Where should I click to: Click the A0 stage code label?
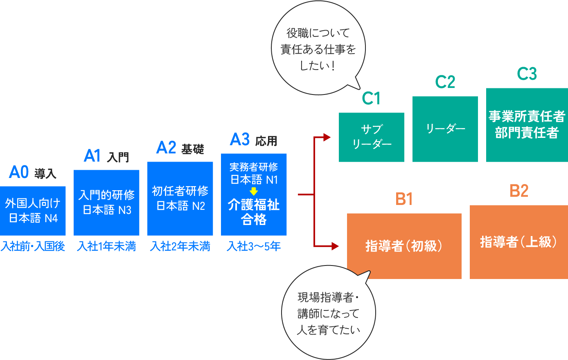(19, 173)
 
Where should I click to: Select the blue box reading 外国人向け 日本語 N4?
(33, 211)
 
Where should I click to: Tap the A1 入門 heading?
(106, 156)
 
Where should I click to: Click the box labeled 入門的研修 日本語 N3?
(106, 202)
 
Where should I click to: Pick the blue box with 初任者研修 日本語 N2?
(180, 198)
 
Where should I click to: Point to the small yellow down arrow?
(254, 191)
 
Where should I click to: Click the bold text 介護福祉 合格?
(254, 212)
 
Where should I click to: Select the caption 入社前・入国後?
(33, 246)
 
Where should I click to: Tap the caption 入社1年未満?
(106, 246)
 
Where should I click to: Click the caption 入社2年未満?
(180, 246)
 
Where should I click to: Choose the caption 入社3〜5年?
(254, 246)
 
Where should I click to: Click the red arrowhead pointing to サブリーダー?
(327, 137)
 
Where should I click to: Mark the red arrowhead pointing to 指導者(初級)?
(335, 246)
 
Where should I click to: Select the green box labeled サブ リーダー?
(372, 137)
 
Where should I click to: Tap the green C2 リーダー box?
(445, 129)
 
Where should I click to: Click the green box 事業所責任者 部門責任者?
(527, 125)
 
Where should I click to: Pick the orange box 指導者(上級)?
(518, 242)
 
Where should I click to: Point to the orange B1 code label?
(404, 199)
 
